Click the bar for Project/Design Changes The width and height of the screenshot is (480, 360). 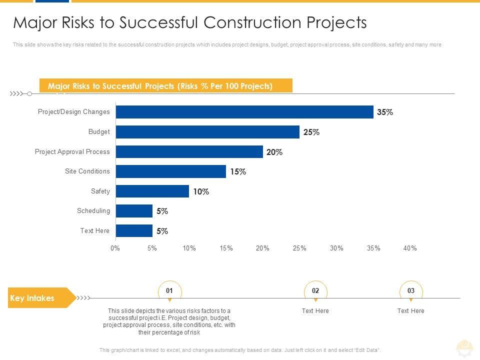(244, 112)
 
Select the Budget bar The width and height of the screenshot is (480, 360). (207, 132)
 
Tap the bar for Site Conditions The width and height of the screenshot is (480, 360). (170, 171)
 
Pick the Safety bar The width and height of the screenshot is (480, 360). (152, 191)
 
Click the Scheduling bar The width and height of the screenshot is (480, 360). (133, 211)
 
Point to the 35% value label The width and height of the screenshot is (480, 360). (385, 112)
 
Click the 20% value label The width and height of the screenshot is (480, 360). (274, 152)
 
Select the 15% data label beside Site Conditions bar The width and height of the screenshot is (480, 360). (238, 172)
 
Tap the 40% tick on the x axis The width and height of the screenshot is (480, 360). (410, 248)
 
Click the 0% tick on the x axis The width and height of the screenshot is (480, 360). (115, 248)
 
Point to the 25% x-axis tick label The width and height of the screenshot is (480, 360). (299, 248)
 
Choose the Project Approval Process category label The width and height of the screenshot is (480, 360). (72, 151)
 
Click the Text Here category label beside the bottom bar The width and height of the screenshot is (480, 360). (95, 230)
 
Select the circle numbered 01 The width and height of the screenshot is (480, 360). (169, 290)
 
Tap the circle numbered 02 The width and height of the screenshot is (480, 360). (315, 290)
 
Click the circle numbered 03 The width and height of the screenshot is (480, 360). (411, 290)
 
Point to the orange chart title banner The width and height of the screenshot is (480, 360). (165, 86)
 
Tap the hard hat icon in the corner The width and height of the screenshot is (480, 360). (464, 346)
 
